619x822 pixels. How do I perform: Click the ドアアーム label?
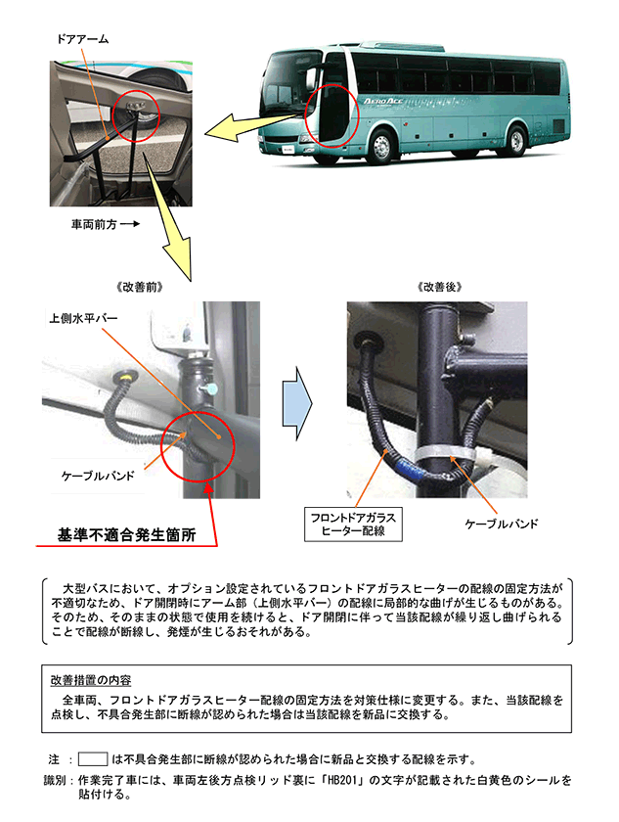82,39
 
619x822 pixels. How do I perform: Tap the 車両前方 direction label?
94,224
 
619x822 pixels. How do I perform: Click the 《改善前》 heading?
139,287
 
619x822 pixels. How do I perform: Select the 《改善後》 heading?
440,287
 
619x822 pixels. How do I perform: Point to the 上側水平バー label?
83,318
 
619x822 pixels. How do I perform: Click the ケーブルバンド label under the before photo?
98,476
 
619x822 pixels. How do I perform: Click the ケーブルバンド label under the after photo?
502,524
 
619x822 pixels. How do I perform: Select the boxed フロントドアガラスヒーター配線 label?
353,525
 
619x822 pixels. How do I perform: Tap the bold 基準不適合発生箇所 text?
127,534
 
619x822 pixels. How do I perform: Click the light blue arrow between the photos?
297,403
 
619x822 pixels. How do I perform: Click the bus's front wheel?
381,144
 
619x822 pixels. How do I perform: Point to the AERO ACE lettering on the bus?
382,101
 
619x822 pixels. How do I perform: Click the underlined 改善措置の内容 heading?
91,680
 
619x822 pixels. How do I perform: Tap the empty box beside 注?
93,758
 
